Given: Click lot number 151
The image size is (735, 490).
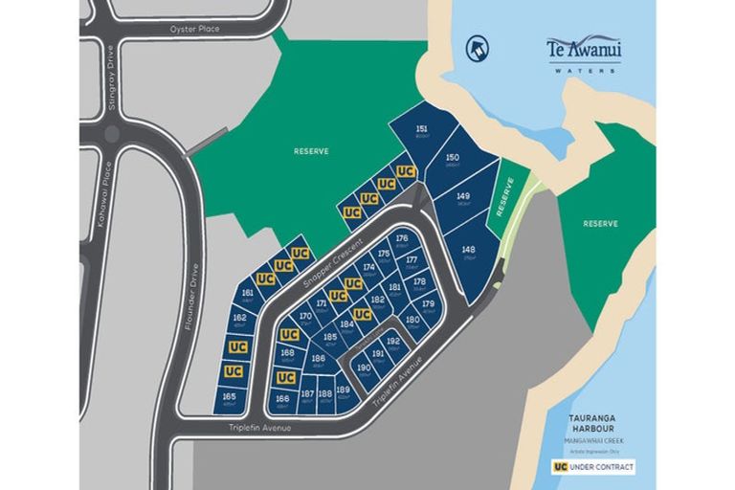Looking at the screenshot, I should tap(421, 131).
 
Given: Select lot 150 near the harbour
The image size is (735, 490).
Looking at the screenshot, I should tap(453, 160).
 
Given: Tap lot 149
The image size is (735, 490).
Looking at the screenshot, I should tap(463, 198).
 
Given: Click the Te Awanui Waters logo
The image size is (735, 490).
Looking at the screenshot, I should tap(583, 52).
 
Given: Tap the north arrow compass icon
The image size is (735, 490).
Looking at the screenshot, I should tap(476, 48).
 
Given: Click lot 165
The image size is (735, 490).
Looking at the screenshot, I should tap(229, 397).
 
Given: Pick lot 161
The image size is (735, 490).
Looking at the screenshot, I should tap(248, 295).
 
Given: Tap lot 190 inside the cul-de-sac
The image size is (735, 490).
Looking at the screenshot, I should tap(363, 368).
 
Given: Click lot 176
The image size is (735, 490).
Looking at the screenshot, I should tap(402, 239).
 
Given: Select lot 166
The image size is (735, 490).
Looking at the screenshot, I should tap(282, 399).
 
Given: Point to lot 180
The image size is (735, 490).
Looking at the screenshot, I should tap(412, 322).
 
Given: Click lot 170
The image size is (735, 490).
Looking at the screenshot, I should tap(304, 317).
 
